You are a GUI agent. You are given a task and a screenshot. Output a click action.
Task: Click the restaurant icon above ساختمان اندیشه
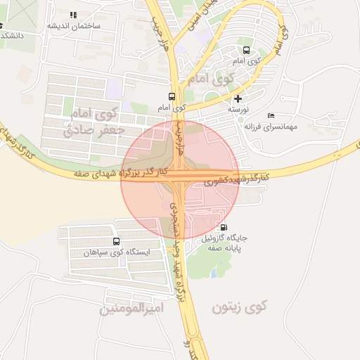pos(73,15)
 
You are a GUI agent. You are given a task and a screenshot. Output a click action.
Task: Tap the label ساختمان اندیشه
pos(73,25)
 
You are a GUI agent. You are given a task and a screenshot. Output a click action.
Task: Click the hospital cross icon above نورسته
pos(238,98)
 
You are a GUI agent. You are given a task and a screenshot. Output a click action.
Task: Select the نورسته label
pos(238,110)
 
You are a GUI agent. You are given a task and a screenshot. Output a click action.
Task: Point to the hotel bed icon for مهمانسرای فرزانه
pos(271,115)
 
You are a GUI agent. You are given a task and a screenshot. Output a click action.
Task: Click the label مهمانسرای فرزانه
pos(271,127)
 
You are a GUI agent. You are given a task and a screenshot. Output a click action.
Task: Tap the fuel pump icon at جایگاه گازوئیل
pos(224,227)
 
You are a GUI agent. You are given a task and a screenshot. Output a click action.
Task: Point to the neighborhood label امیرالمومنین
pos(133,308)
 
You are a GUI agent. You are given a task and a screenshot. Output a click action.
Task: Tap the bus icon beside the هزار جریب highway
pos(172,96)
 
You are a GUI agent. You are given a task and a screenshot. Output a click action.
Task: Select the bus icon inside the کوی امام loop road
pos(246,51)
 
